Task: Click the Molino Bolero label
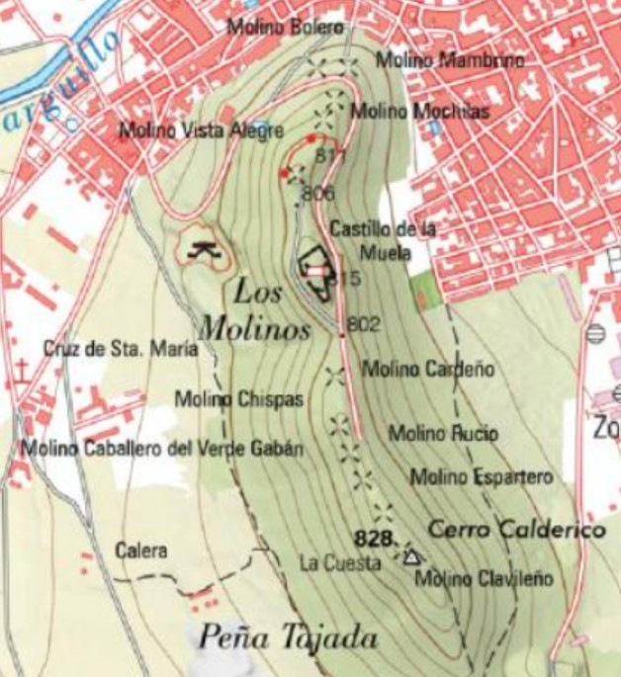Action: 286,27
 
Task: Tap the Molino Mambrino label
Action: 435,60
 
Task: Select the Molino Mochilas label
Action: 420,111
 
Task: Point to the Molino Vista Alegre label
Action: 201,130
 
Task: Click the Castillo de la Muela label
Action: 383,238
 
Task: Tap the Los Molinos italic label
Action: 256,310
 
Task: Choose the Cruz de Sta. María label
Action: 121,349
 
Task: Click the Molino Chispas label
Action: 238,399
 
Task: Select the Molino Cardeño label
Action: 428,370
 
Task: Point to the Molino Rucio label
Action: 443,433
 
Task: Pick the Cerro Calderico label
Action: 516,530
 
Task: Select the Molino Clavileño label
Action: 485,579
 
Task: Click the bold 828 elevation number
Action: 373,538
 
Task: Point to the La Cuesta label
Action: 340,563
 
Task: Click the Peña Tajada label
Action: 288,637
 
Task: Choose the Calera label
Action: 141,550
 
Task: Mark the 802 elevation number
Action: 364,323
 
